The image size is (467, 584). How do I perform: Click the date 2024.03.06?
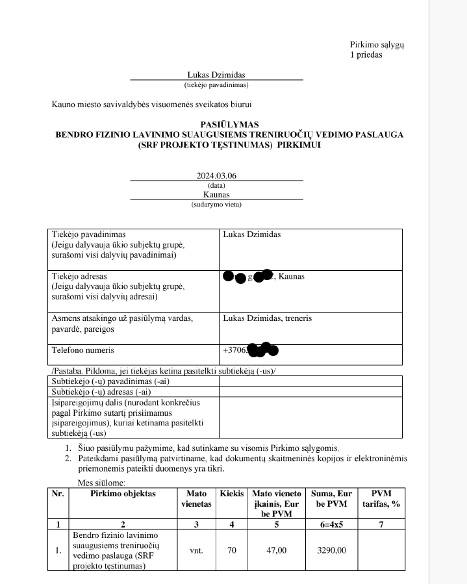[x=216, y=175]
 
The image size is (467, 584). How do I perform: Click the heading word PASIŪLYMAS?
[x=230, y=125]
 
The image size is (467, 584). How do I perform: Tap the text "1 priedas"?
[x=366, y=55]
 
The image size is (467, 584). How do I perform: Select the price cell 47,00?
[x=277, y=550]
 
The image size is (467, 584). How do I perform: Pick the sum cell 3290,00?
[x=332, y=550]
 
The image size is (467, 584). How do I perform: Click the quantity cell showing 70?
[x=232, y=550]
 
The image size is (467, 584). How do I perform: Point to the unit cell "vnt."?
[x=196, y=550]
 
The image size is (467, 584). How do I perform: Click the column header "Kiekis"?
[x=232, y=494]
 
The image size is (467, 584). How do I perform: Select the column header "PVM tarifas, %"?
[x=381, y=498]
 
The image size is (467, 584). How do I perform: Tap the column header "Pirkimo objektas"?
[x=123, y=494]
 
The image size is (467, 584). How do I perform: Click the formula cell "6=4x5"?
[x=332, y=524]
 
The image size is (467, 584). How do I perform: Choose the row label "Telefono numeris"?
[x=83, y=350]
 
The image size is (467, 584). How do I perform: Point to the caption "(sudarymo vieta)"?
[x=216, y=204]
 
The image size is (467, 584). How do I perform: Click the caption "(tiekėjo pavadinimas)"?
[x=216, y=84]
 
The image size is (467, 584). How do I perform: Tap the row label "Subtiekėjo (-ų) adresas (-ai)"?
[x=101, y=392]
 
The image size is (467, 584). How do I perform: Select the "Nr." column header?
[x=58, y=494]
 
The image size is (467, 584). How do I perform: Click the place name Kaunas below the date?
[x=216, y=194]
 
